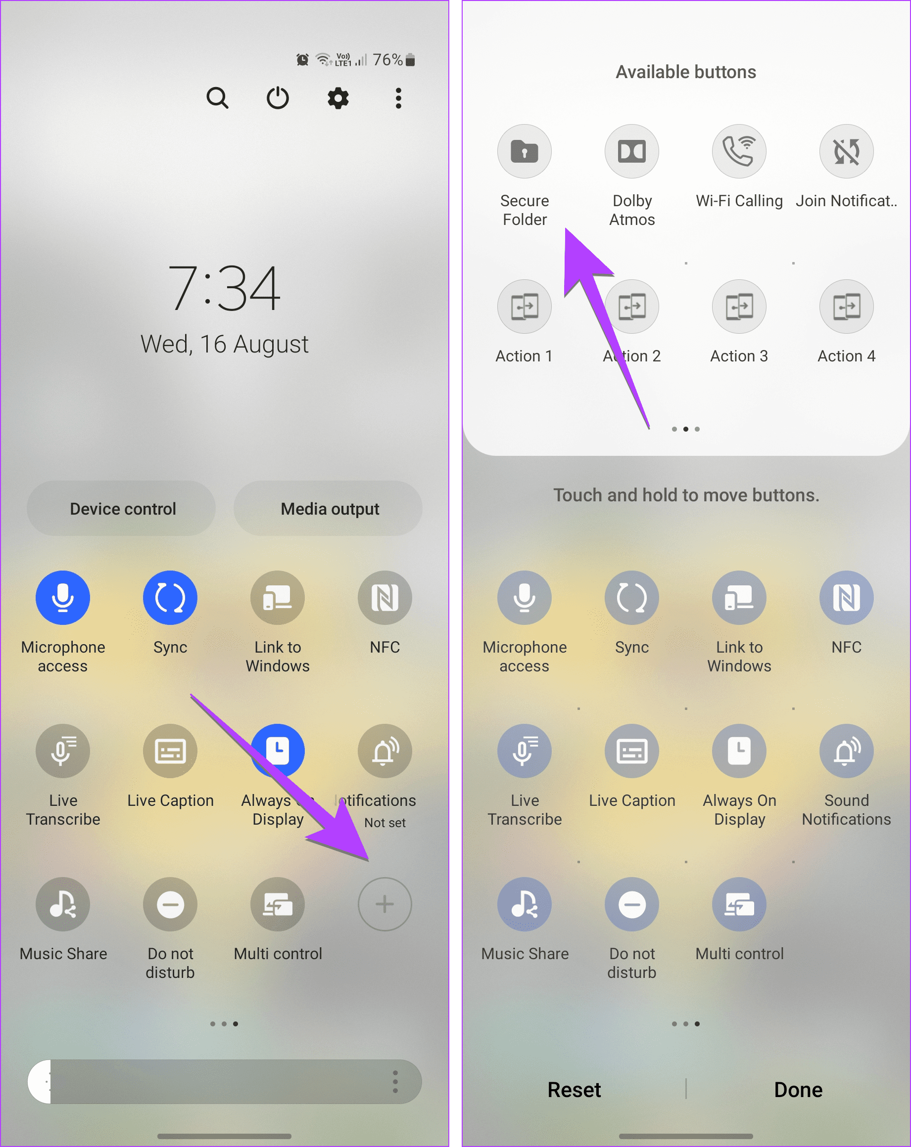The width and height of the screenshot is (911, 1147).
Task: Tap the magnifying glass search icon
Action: pyautogui.click(x=217, y=98)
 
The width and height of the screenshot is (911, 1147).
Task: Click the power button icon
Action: pyautogui.click(x=278, y=98)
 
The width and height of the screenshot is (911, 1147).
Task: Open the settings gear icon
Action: pyautogui.click(x=338, y=98)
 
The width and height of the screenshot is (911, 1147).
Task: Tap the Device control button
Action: pyautogui.click(x=122, y=509)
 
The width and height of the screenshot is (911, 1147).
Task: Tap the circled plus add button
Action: pyautogui.click(x=384, y=904)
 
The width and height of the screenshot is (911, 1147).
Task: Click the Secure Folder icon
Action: pyautogui.click(x=525, y=152)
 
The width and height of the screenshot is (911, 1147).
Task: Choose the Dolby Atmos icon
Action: pyautogui.click(x=632, y=152)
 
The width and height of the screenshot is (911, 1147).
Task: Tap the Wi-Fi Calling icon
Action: pyautogui.click(x=739, y=152)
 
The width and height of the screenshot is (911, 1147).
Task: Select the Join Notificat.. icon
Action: pyautogui.click(x=847, y=152)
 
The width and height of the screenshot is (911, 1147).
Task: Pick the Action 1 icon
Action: pyautogui.click(x=525, y=307)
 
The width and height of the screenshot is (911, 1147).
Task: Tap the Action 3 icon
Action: pyautogui.click(x=739, y=307)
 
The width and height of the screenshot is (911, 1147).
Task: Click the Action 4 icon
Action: pyautogui.click(x=847, y=307)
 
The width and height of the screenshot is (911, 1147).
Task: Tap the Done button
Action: pyautogui.click(x=798, y=1090)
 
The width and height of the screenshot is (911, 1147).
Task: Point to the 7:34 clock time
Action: pyautogui.click(x=224, y=289)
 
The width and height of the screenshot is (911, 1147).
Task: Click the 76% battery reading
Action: pyautogui.click(x=388, y=60)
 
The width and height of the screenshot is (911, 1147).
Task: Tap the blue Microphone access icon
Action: pyautogui.click(x=63, y=597)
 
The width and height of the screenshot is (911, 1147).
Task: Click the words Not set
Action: pyautogui.click(x=385, y=823)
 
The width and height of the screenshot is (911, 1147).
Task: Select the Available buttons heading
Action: pyautogui.click(x=686, y=72)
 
